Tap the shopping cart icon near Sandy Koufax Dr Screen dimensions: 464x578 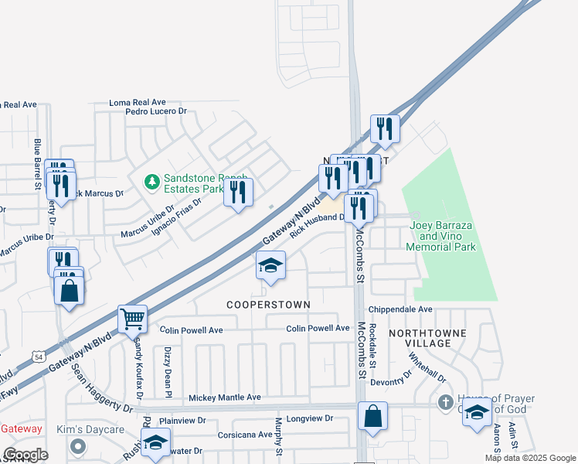pyautogui.click(x=132, y=318)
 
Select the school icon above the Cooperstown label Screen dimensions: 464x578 pyautogui.click(x=270, y=266)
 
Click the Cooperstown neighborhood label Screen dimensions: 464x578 pyautogui.click(x=268, y=305)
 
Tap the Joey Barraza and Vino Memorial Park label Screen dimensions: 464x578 pyautogui.click(x=443, y=236)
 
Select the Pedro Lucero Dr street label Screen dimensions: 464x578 pyautogui.click(x=157, y=111)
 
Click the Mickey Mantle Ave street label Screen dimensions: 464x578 pyautogui.click(x=225, y=397)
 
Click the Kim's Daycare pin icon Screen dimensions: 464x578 pyautogui.click(x=77, y=446)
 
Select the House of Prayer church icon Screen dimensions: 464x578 pyautogui.click(x=444, y=402)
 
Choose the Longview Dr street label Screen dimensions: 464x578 pyautogui.click(x=309, y=418)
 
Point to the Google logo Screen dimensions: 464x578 pyautogui.click(x=25, y=454)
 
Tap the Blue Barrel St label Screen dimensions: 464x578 pyautogui.click(x=37, y=164)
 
